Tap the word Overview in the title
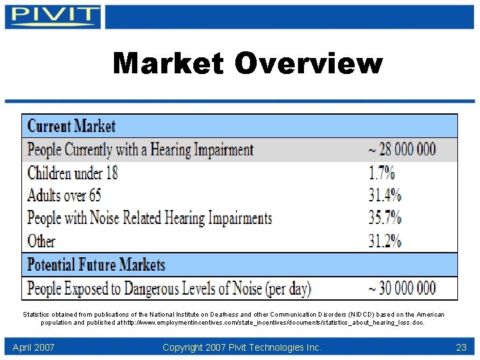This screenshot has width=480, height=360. click(x=309, y=64)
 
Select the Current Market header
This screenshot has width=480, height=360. click(x=71, y=125)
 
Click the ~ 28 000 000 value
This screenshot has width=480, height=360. click(x=402, y=149)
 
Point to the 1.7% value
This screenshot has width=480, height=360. click(x=381, y=173)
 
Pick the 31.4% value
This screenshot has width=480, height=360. click(x=385, y=195)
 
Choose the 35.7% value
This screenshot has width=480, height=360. click(x=385, y=217)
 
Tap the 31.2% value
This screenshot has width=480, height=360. click(x=385, y=240)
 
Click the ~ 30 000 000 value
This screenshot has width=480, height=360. click(x=402, y=289)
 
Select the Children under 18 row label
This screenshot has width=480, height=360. click(x=73, y=173)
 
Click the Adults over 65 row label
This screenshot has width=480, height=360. click(x=64, y=195)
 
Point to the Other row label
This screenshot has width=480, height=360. click(x=41, y=240)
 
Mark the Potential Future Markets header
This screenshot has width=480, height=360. click(x=96, y=265)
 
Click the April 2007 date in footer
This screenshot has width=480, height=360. click(x=33, y=347)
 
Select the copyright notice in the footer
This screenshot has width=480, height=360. click(x=242, y=347)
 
